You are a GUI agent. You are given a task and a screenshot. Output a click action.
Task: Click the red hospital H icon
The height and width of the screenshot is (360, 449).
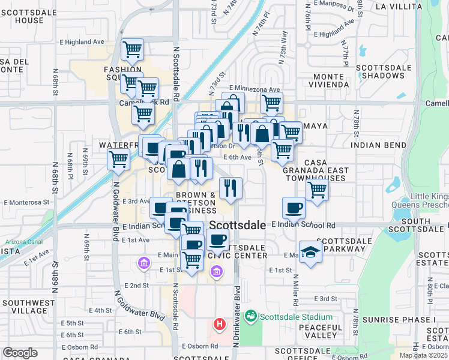pyautogui.click(x=220, y=325)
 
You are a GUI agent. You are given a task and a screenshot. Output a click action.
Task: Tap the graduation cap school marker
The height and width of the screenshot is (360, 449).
pyautogui.click(x=310, y=252)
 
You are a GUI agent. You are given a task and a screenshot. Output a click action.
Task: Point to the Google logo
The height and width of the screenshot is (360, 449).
pyautogui.click(x=20, y=353)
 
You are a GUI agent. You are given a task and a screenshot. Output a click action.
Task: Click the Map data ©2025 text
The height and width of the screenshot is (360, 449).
pyautogui.click(x=423, y=355)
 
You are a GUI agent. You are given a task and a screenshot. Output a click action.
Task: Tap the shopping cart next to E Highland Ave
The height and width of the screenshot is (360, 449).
pyautogui.click(x=132, y=50)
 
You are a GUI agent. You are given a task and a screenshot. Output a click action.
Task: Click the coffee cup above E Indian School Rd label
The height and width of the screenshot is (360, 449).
pyautogui.click(x=294, y=208)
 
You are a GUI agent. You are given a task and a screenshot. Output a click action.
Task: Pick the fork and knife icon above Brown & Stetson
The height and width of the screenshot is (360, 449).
pyautogui.click(x=230, y=188)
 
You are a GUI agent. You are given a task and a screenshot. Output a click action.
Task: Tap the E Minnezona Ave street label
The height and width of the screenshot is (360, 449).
pyautogui.click(x=254, y=89)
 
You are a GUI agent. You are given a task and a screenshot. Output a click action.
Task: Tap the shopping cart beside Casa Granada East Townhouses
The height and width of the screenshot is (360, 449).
pyautogui.click(x=317, y=190)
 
